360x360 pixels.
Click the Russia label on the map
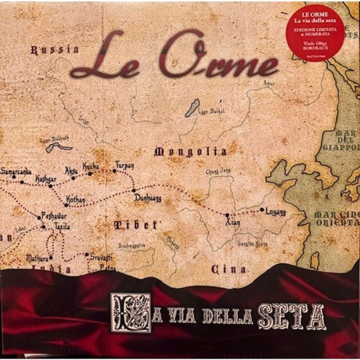54,49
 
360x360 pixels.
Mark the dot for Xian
228,214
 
